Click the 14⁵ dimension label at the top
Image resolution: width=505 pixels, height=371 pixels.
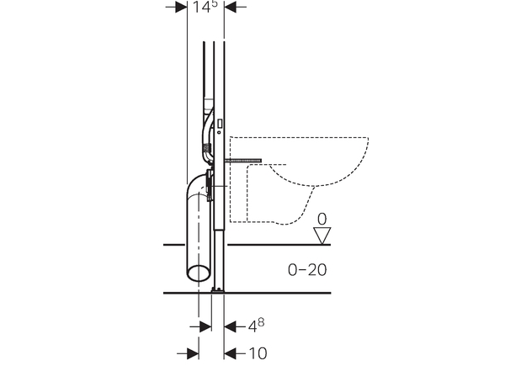point(205,7)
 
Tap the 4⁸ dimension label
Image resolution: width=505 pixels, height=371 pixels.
point(256,326)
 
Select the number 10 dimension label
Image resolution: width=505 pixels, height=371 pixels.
point(258,353)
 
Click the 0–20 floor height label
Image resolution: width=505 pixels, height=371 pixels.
point(307,269)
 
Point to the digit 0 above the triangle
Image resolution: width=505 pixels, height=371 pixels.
point(322,220)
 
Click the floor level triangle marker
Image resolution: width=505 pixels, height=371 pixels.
point(322,236)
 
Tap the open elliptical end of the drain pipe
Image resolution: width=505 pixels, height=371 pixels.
point(199,273)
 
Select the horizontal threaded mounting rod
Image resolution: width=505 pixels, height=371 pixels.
point(243,161)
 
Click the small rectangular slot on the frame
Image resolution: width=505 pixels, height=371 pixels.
point(220,124)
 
